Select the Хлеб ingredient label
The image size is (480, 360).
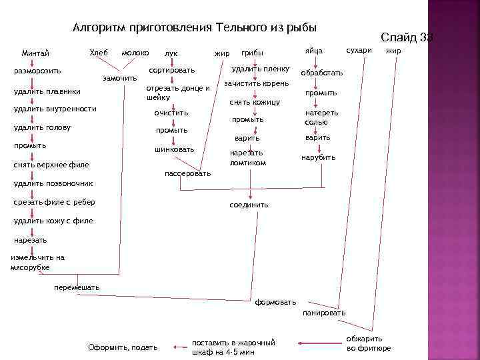click(x=98, y=52)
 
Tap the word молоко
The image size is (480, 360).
click(x=135, y=52)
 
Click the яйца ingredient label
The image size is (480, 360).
click(x=313, y=51)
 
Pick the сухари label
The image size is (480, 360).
click(x=359, y=51)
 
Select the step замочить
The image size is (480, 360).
click(x=120, y=79)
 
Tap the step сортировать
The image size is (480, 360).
click(x=172, y=70)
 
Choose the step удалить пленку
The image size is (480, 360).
click(x=260, y=69)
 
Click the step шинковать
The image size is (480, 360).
click(x=175, y=149)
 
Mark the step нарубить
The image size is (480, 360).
click(x=319, y=157)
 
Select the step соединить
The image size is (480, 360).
click(x=249, y=205)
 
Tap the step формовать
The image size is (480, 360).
click(x=276, y=302)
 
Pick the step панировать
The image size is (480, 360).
click(x=324, y=313)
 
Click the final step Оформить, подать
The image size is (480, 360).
click(x=123, y=347)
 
